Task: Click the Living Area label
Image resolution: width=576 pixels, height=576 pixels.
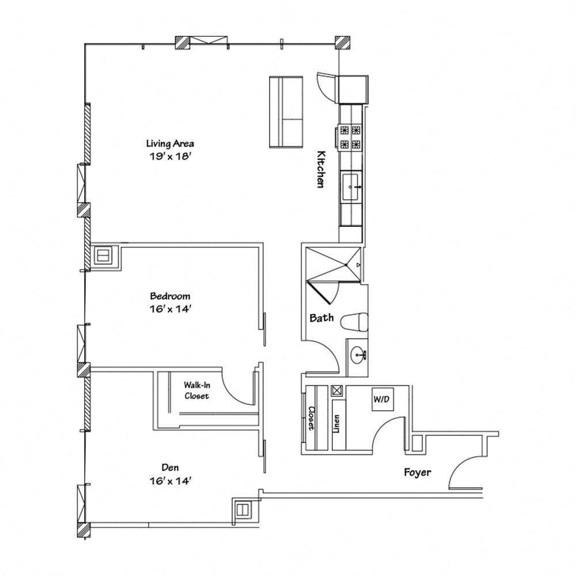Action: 169,143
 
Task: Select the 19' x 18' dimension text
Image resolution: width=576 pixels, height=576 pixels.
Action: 169,156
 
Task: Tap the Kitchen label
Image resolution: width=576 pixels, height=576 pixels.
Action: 320,169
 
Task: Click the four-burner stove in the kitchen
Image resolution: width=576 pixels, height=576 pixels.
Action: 350,137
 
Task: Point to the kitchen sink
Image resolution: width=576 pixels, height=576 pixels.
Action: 351,187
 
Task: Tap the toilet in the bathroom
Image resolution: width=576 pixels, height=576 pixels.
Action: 354,323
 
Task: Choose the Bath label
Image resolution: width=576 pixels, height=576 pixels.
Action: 321,317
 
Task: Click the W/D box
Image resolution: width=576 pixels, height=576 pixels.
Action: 380,399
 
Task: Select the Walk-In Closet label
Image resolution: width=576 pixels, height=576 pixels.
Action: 196,390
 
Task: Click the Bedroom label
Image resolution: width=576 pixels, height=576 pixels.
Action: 170,296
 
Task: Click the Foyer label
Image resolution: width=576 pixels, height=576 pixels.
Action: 417,472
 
